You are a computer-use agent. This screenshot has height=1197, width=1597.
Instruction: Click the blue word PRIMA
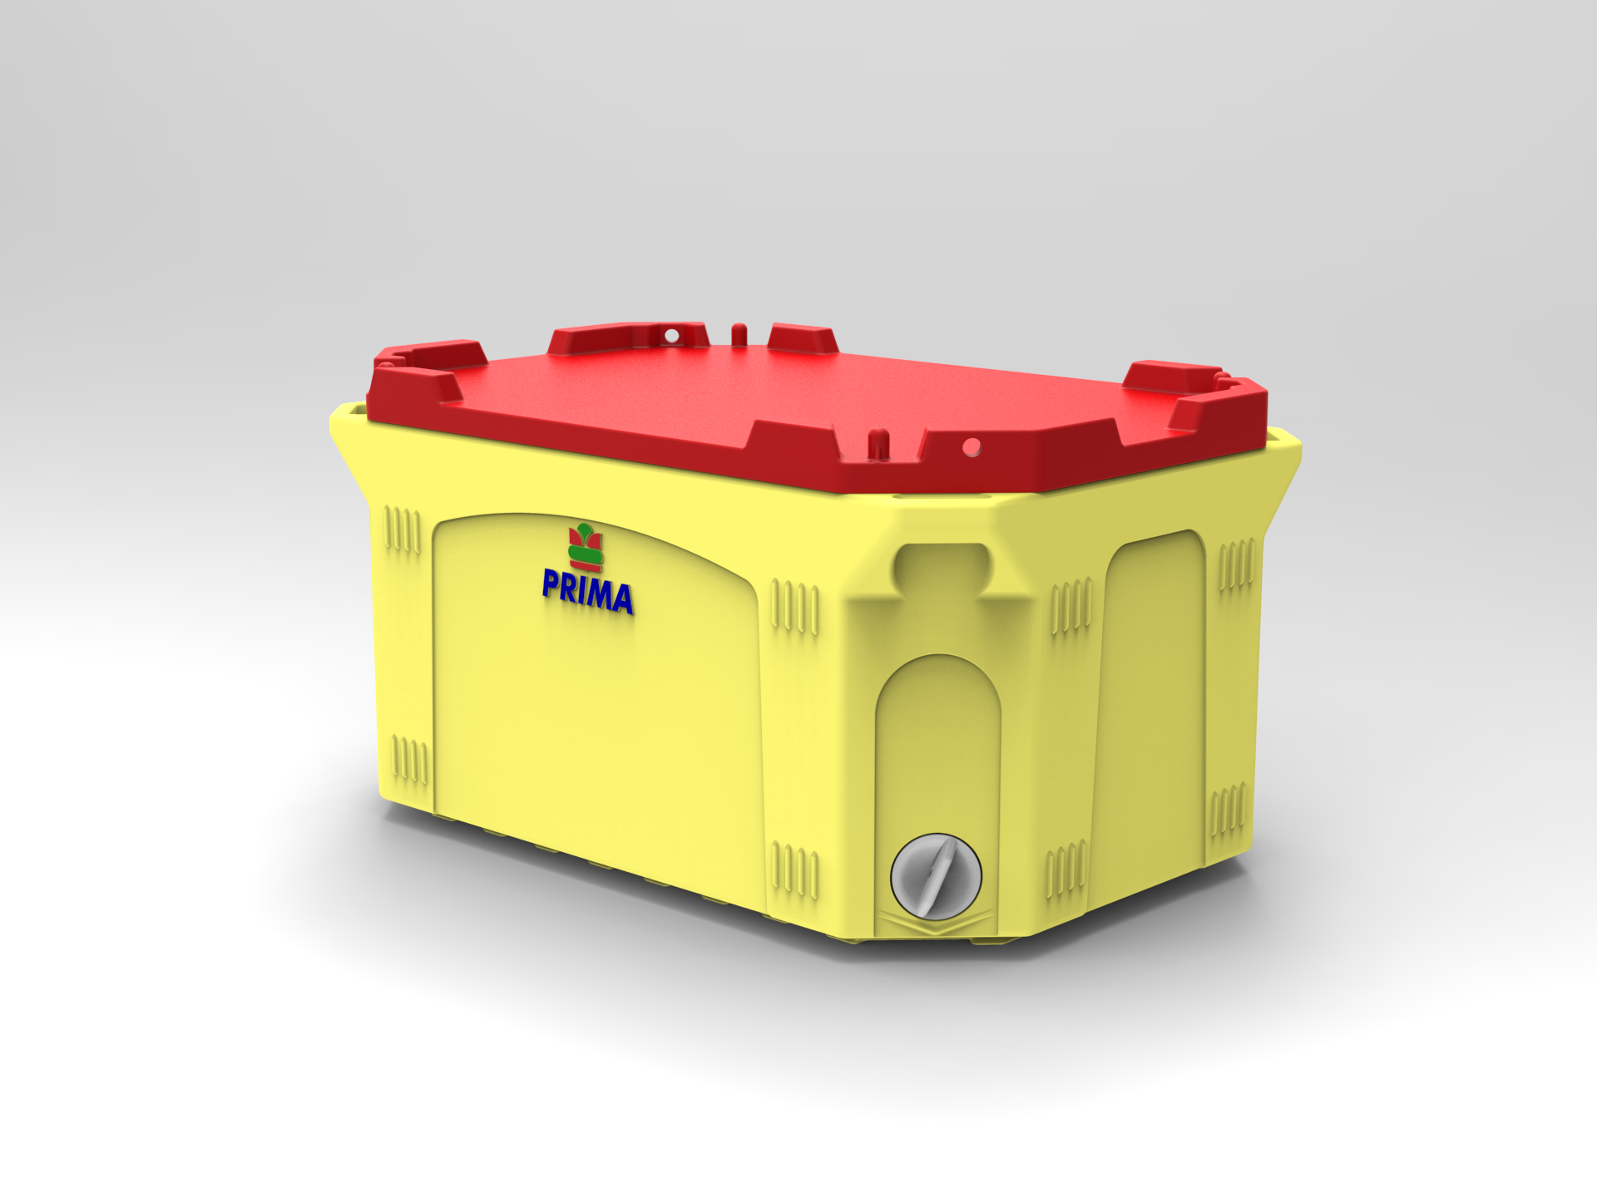click(587, 591)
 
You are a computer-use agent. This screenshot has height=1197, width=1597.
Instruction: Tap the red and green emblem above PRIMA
click(586, 545)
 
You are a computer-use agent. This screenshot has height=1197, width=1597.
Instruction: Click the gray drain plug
click(936, 876)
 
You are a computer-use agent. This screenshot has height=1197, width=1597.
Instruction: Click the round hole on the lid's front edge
click(970, 446)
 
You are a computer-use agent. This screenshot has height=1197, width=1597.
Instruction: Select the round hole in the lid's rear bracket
click(671, 336)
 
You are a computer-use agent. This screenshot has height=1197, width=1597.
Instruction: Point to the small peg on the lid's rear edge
click(737, 332)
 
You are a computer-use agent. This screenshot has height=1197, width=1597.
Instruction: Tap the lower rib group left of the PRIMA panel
click(409, 760)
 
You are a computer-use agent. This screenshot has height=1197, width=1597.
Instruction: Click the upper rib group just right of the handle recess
click(1071, 607)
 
